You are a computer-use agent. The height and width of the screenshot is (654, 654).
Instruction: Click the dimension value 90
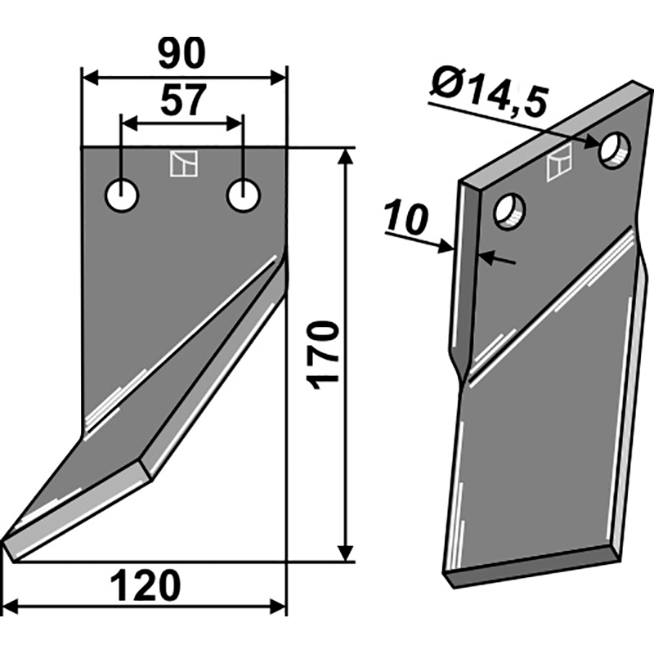coord(181,53)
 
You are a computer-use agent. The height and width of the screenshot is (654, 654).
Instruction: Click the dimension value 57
coord(183,100)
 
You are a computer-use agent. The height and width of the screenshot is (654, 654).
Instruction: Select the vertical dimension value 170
coord(321,355)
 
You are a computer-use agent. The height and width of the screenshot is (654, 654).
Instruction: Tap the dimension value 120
coord(146,586)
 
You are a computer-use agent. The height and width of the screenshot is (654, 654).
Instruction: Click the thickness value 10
coord(406,218)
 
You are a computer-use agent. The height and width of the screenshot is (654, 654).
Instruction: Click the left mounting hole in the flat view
coord(122,195)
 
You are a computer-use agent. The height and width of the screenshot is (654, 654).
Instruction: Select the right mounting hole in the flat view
coord(244,195)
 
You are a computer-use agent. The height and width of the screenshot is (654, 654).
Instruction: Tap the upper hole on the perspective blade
coord(616,150)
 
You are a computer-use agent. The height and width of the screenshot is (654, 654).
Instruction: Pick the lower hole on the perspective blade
coord(509,211)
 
